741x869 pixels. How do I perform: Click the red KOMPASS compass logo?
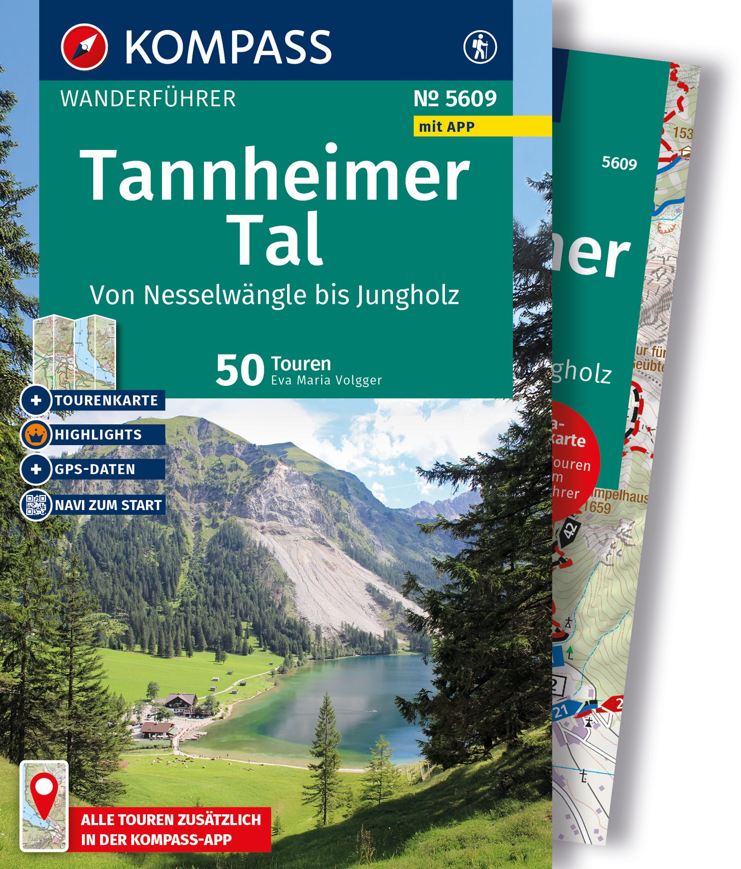click(84, 46)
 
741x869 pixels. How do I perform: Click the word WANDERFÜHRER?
click(148, 99)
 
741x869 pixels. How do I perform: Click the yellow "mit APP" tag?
click(447, 126)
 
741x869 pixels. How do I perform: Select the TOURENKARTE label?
click(106, 400)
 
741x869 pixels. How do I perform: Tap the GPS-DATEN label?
click(95, 469)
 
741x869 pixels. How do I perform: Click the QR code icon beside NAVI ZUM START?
click(36, 505)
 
